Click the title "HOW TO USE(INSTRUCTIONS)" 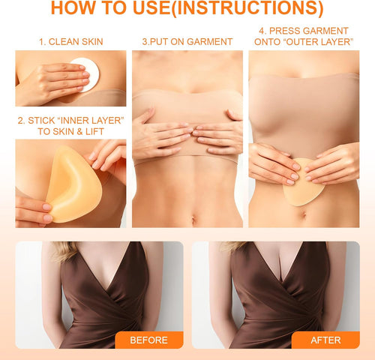tap(187, 10)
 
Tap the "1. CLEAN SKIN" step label tap(71, 42)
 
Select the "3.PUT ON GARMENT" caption tap(187, 42)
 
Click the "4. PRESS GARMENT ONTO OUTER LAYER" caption tap(304, 36)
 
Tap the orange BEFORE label tap(148, 340)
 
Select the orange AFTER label tap(325, 340)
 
